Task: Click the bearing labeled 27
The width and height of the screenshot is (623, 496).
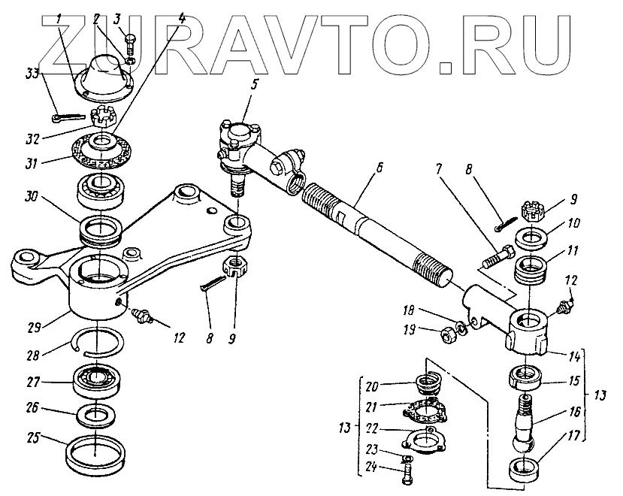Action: (97, 380)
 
